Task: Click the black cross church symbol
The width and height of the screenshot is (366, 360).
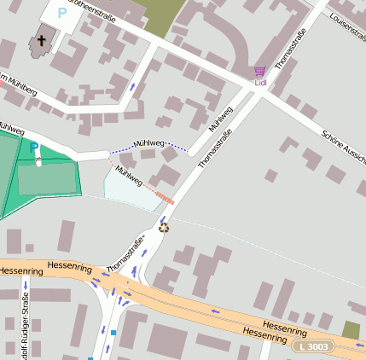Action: tap(41, 40)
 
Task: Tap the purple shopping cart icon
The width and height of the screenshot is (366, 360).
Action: tap(260, 72)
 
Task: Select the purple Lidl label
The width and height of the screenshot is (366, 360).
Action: tap(260, 83)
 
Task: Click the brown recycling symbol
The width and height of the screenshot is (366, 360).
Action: tap(164, 227)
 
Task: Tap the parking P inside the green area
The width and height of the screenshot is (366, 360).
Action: tap(33, 148)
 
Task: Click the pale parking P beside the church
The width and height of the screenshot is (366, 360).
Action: tap(61, 13)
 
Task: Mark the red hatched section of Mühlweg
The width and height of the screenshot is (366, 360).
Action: tap(165, 198)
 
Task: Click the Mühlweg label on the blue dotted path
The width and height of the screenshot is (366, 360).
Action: tap(148, 144)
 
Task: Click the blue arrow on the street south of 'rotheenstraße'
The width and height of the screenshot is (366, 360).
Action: tap(132, 87)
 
